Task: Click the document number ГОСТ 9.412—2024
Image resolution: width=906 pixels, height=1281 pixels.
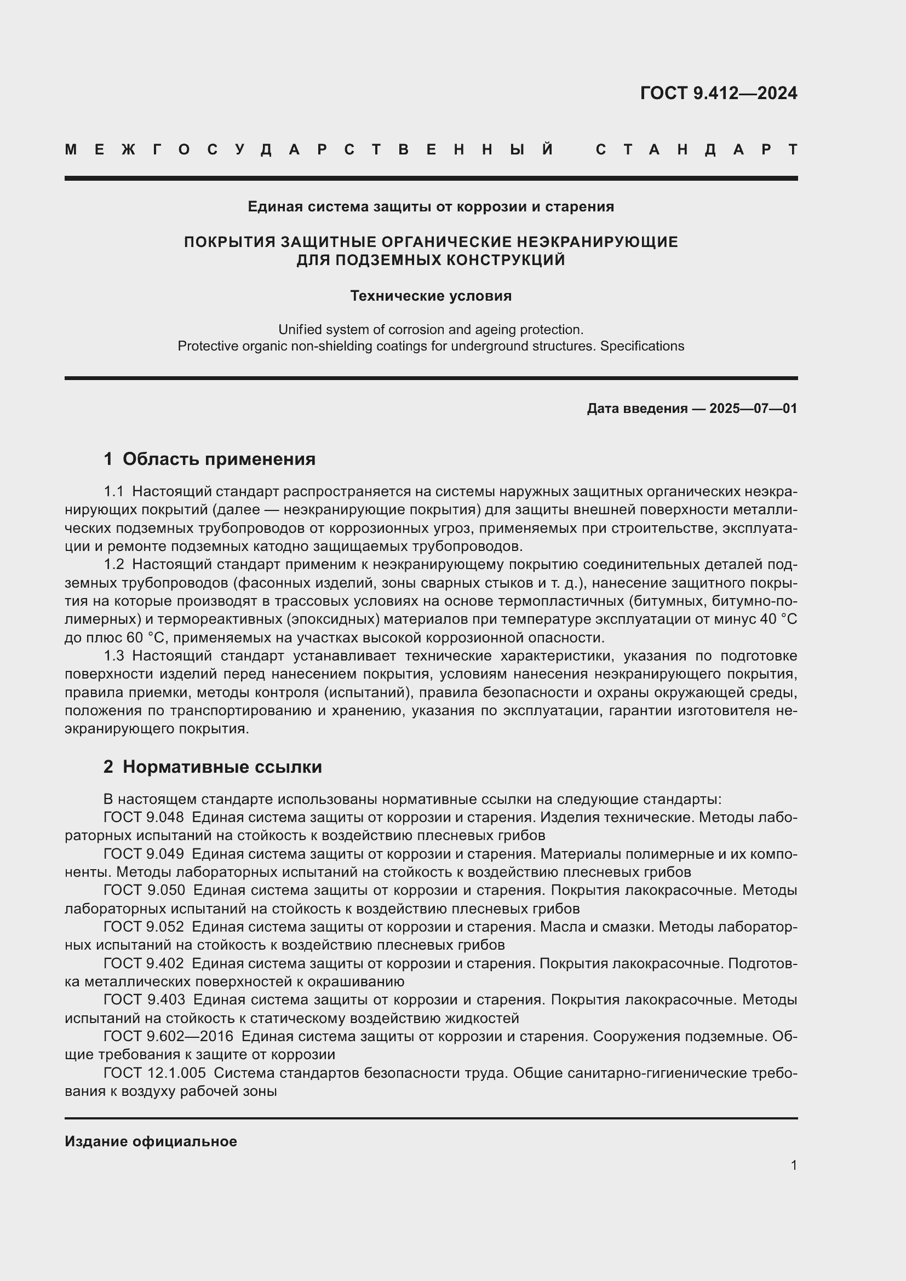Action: [718, 93]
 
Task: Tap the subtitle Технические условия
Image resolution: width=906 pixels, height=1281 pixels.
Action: [431, 296]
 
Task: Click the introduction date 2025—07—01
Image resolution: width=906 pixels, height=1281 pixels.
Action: [753, 409]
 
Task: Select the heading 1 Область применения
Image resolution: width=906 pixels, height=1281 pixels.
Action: [209, 458]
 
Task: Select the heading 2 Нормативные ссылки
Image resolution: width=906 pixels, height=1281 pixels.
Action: [213, 767]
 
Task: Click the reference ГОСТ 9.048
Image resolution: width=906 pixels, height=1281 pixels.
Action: [144, 817]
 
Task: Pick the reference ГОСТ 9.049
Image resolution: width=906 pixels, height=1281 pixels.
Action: [144, 854]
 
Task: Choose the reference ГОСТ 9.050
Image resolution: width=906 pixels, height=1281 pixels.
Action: [144, 890]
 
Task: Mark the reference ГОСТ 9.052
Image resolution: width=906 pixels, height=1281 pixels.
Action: [144, 926]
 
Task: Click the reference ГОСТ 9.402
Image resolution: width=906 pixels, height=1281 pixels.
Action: [144, 963]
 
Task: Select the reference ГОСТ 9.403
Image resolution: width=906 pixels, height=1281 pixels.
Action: [144, 999]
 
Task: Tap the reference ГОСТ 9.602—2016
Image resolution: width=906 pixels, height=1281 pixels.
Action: [168, 1036]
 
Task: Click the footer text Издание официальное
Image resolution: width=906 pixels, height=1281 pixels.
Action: [151, 1141]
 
